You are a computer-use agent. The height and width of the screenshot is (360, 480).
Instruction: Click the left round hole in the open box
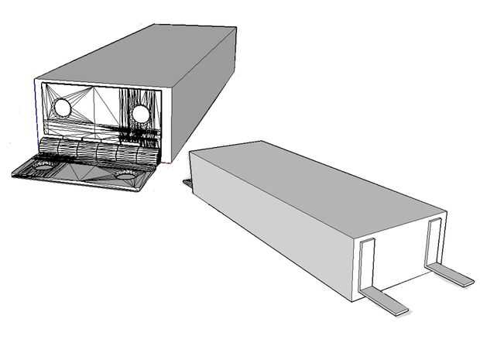point(62,109)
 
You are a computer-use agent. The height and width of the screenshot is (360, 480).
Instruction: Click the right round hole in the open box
point(140,115)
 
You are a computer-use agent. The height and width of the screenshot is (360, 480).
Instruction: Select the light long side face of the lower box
point(271,225)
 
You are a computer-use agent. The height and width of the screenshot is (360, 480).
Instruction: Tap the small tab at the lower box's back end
point(187,183)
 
